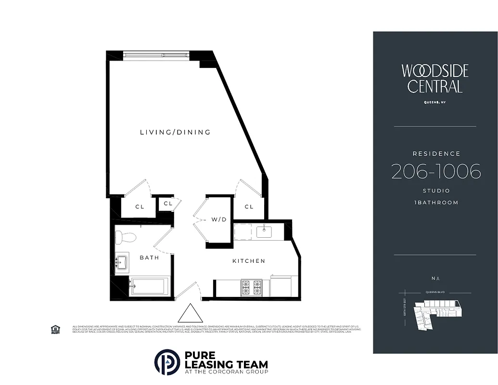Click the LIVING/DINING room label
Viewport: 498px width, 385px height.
[175, 132]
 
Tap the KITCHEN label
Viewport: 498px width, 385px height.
[249, 261]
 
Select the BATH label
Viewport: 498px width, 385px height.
[149, 257]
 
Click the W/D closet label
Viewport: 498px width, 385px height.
[219, 219]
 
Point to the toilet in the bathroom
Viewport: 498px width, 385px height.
[126, 237]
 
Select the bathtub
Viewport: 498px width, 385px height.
[150, 286]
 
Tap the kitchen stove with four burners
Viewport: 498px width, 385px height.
[251, 287]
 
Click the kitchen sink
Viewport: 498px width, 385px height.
[264, 232]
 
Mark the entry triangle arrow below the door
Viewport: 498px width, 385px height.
[191, 313]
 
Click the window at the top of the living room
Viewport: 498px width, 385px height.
[155, 55]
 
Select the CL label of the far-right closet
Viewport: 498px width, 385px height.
[249, 207]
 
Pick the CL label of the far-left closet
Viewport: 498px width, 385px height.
[140, 207]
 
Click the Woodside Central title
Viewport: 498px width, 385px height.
[435, 78]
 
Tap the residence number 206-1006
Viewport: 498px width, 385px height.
[435, 171]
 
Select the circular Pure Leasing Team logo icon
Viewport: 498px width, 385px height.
[167, 362]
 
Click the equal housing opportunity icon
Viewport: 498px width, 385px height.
[55, 329]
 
